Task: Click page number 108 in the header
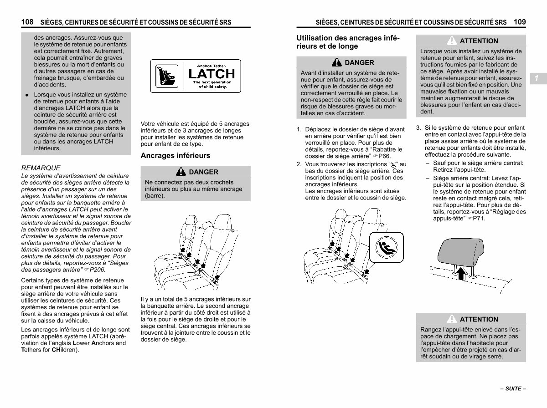(x=27, y=22)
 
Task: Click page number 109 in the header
(x=520, y=22)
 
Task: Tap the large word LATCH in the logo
(x=212, y=74)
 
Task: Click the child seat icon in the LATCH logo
(x=167, y=76)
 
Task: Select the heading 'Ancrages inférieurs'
(x=175, y=156)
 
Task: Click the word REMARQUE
(x=41, y=168)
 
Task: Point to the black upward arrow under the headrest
(x=462, y=273)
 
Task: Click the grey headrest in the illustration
(x=461, y=251)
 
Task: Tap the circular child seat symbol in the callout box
(x=386, y=247)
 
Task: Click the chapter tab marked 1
(x=538, y=78)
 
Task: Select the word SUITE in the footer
(x=513, y=388)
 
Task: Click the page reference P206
(x=98, y=270)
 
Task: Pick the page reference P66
(x=384, y=156)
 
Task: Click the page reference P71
(x=479, y=219)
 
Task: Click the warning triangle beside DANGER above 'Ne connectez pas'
(x=181, y=172)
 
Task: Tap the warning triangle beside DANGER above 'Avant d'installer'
(x=337, y=62)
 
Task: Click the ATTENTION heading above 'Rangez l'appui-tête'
(x=479, y=319)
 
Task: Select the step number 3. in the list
(x=418, y=128)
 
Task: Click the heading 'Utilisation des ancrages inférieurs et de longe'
(x=348, y=42)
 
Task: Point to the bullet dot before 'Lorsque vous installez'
(x=27, y=95)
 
